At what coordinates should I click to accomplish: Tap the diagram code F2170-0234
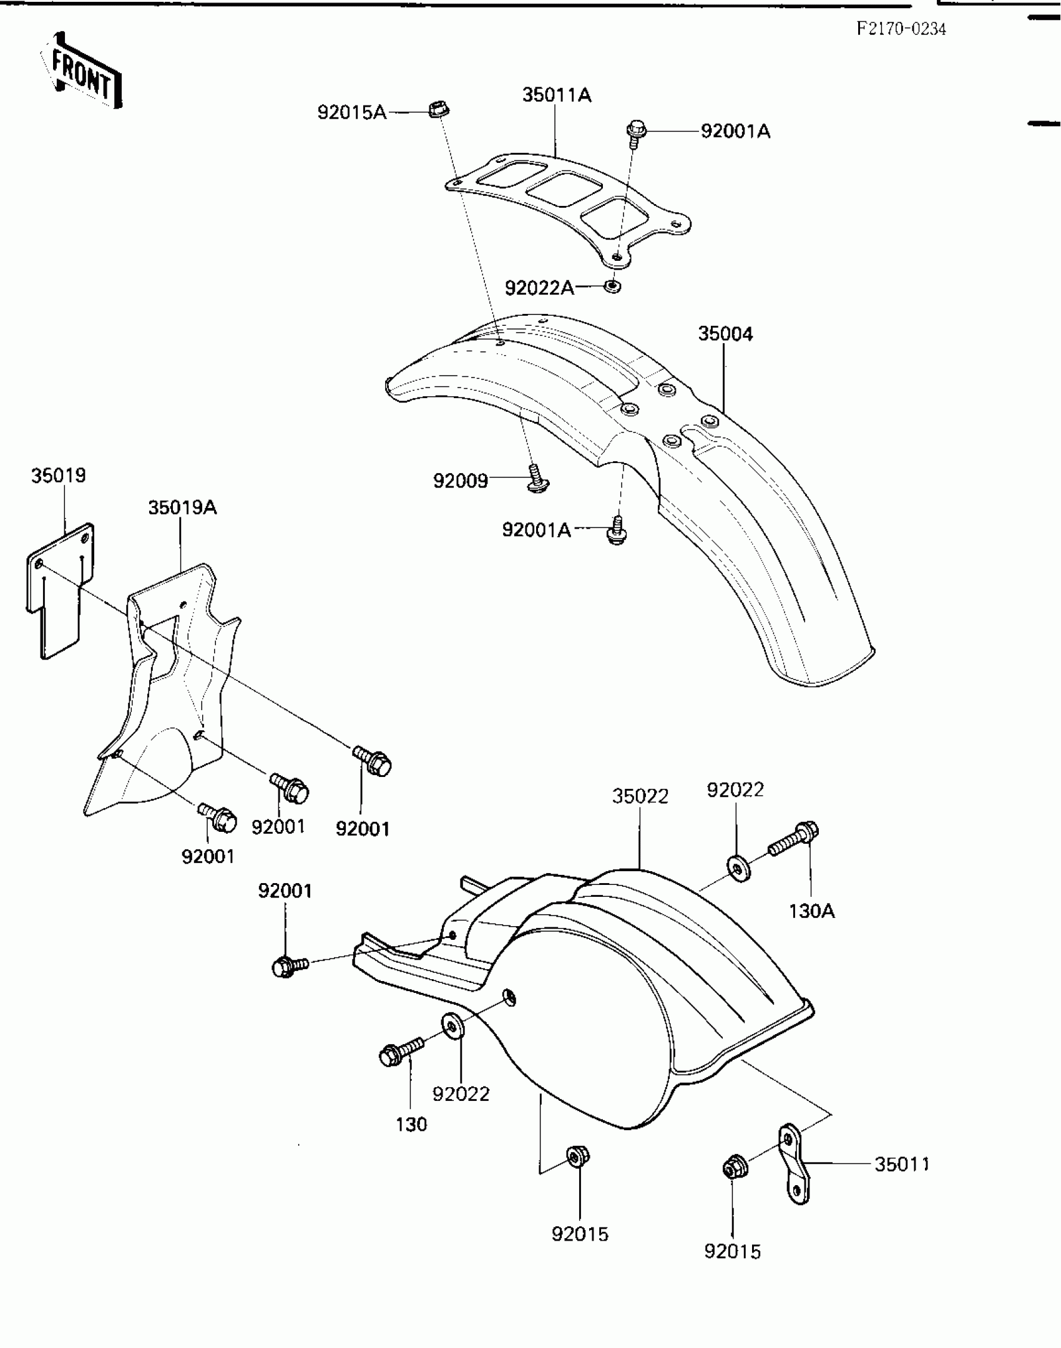901,29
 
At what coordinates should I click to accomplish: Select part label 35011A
557,95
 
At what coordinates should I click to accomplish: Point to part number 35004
725,334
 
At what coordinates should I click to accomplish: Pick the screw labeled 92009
537,480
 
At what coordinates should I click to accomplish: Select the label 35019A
182,507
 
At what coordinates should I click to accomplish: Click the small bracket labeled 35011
795,1164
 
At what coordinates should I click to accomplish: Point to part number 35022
640,796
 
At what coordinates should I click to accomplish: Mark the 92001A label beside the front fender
536,530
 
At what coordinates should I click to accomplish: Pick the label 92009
460,481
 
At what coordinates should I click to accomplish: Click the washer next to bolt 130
452,1027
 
